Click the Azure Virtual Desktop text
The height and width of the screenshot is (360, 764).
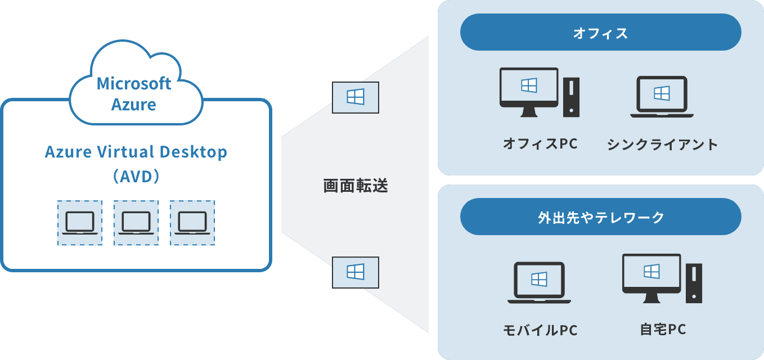click(x=136, y=152)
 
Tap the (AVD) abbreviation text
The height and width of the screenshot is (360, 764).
click(x=136, y=177)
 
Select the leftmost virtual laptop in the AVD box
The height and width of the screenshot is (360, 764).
click(x=79, y=223)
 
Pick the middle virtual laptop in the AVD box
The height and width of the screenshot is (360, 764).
click(x=136, y=223)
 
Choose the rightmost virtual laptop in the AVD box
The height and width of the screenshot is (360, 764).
click(x=192, y=223)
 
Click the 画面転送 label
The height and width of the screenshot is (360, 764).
click(x=355, y=186)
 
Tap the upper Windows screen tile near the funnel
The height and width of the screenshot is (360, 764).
click(x=355, y=97)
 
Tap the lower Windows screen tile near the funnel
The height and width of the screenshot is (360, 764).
click(x=355, y=272)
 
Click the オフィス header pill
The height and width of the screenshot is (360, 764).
click(x=600, y=33)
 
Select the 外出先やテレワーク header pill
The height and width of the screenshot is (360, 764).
click(x=600, y=217)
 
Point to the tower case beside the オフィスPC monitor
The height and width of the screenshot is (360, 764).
click(x=571, y=97)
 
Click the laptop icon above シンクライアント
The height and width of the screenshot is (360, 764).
click(x=662, y=96)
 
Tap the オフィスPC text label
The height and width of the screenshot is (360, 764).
click(x=540, y=144)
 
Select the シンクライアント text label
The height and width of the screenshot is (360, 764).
click(x=662, y=145)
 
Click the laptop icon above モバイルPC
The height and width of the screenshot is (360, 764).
click(x=539, y=282)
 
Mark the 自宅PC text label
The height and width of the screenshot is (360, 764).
click(x=663, y=329)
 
